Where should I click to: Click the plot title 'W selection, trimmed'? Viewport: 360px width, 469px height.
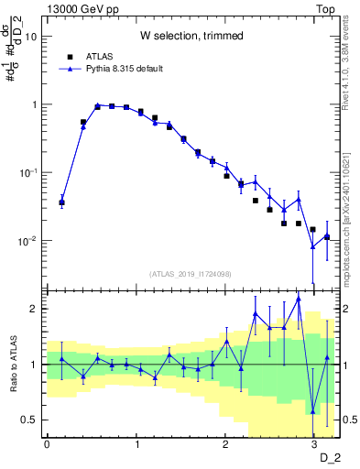tap(191, 37)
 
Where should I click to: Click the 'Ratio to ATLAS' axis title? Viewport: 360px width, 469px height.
tap(14, 364)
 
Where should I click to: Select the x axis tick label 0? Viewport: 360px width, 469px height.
tap(47, 444)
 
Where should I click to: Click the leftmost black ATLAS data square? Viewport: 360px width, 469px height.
tap(61, 202)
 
